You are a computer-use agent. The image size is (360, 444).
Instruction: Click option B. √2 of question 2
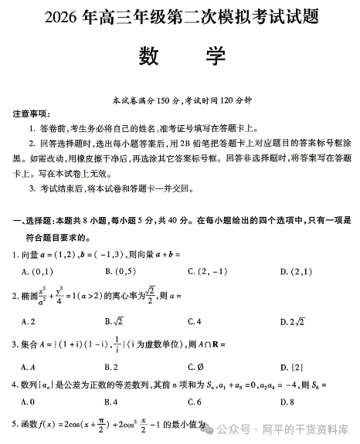[114, 320]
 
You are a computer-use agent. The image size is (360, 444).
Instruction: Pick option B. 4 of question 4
[110, 402]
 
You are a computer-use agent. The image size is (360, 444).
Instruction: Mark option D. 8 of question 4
[287, 402]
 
